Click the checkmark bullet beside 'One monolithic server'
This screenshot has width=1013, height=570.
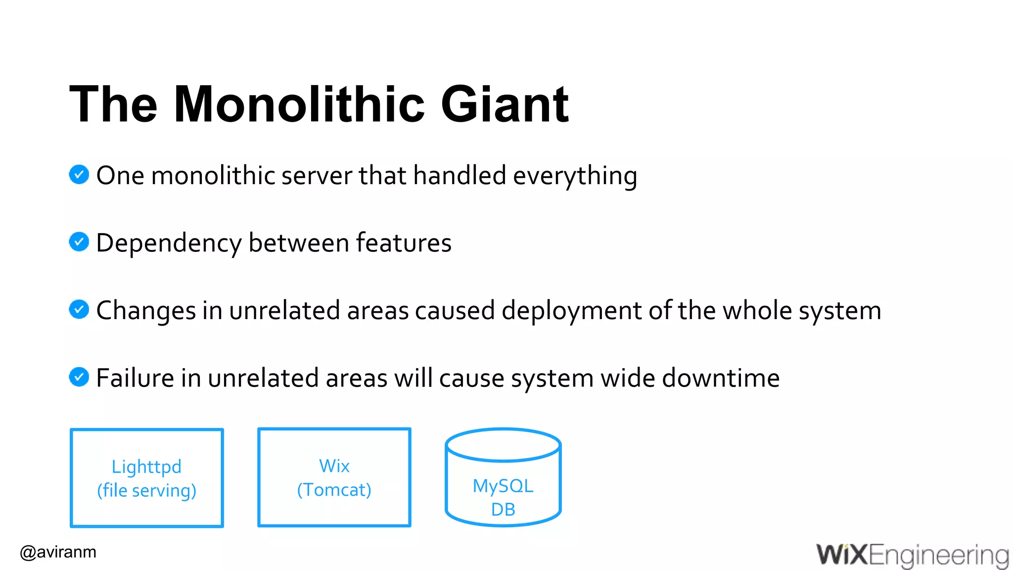(x=79, y=175)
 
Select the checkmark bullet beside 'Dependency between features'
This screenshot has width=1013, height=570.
(x=79, y=242)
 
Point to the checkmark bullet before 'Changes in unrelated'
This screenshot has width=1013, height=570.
(x=79, y=310)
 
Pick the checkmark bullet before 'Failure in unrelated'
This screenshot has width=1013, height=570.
(x=79, y=377)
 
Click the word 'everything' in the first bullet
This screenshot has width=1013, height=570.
(x=575, y=176)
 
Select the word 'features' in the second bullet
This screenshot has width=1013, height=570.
(x=403, y=243)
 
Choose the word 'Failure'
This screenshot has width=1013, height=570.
(x=135, y=378)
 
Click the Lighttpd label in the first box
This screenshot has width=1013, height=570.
(x=146, y=467)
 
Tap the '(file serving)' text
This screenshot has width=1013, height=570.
(x=146, y=490)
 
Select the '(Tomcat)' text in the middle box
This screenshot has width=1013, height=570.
(x=334, y=490)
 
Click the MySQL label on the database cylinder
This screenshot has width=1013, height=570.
(x=503, y=486)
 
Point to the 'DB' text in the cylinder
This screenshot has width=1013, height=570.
(x=503, y=509)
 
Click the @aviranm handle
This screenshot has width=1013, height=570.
(x=58, y=552)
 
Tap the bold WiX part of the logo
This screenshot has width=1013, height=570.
(x=842, y=555)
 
